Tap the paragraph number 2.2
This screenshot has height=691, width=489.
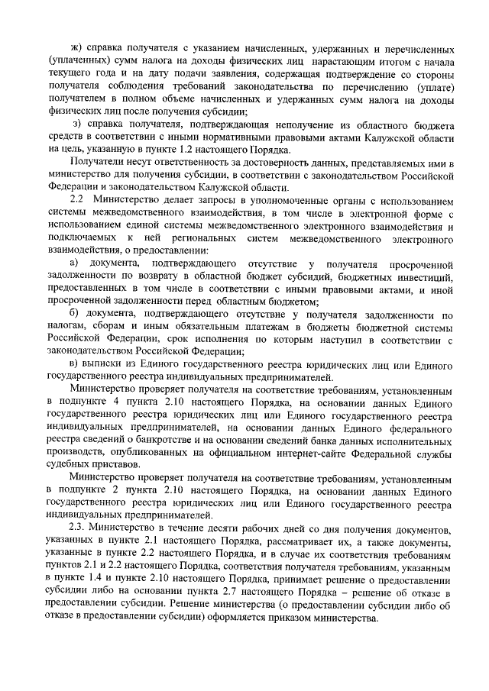(x=77, y=198)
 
